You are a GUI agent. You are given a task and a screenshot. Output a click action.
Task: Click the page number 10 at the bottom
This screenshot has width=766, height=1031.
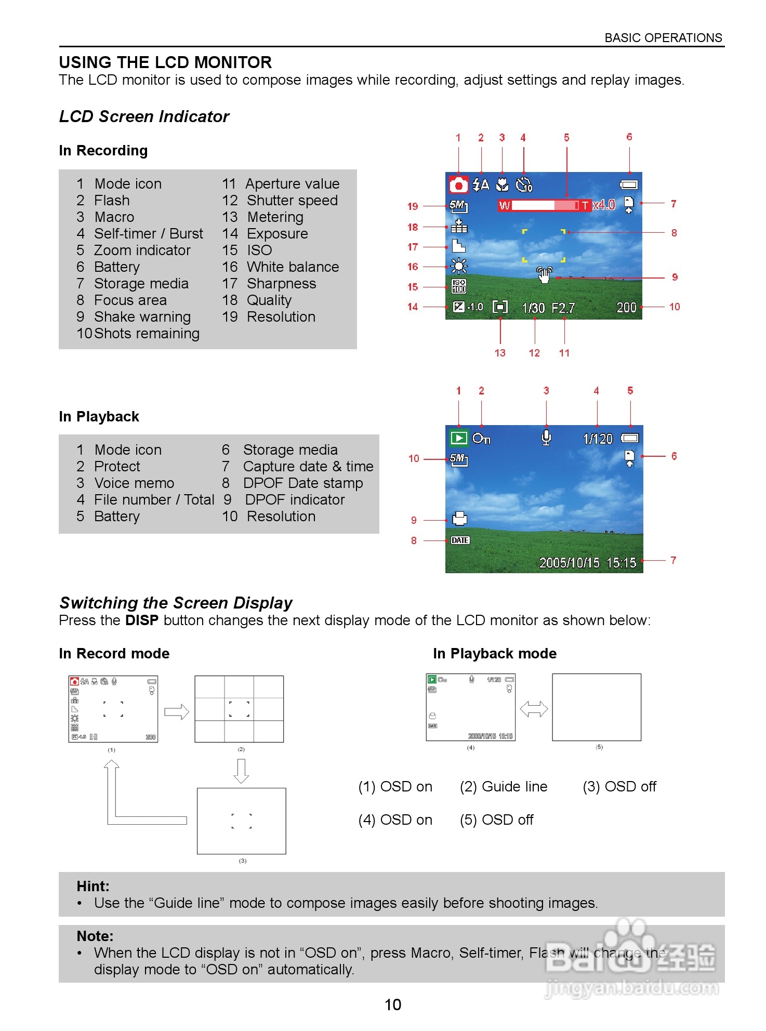[392, 1004]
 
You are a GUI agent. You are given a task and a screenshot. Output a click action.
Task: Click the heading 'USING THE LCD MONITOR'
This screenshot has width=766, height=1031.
[165, 62]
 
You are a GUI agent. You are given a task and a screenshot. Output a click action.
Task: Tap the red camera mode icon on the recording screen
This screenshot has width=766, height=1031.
[458, 184]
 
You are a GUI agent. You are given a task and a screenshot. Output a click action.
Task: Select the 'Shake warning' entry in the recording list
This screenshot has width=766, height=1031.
[142, 316]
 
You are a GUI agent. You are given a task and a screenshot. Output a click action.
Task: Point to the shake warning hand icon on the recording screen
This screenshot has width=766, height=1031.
[544, 274]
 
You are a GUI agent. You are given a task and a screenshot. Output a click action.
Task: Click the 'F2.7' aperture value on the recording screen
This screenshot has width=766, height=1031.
[563, 308]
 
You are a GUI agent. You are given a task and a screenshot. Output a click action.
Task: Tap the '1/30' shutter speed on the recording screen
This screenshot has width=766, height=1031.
[533, 308]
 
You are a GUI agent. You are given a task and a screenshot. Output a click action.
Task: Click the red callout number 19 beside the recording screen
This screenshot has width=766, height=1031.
[413, 206]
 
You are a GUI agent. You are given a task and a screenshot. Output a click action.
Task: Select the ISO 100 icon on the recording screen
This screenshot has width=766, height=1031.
[458, 286]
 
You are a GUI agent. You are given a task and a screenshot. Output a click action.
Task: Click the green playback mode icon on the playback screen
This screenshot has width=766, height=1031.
[458, 438]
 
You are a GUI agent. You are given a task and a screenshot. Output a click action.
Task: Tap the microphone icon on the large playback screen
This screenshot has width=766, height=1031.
[546, 438]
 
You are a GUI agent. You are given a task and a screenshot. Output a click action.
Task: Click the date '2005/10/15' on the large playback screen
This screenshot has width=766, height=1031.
[569, 563]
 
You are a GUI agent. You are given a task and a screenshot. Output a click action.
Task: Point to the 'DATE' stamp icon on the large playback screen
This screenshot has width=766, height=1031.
[460, 540]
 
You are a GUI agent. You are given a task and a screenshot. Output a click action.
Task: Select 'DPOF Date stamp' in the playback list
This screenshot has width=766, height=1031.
[302, 483]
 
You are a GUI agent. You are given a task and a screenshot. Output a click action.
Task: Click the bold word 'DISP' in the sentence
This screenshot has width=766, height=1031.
[141, 620]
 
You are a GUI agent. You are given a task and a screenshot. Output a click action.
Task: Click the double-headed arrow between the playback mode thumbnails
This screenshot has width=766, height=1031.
[534, 709]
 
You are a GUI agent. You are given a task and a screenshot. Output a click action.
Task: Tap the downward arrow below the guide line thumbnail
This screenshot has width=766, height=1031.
[241, 771]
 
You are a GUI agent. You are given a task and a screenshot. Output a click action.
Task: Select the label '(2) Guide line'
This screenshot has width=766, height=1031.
[504, 787]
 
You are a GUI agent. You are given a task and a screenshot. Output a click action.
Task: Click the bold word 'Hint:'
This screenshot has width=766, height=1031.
[93, 887]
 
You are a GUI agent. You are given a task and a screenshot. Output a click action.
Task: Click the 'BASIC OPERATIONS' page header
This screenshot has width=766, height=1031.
[663, 38]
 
